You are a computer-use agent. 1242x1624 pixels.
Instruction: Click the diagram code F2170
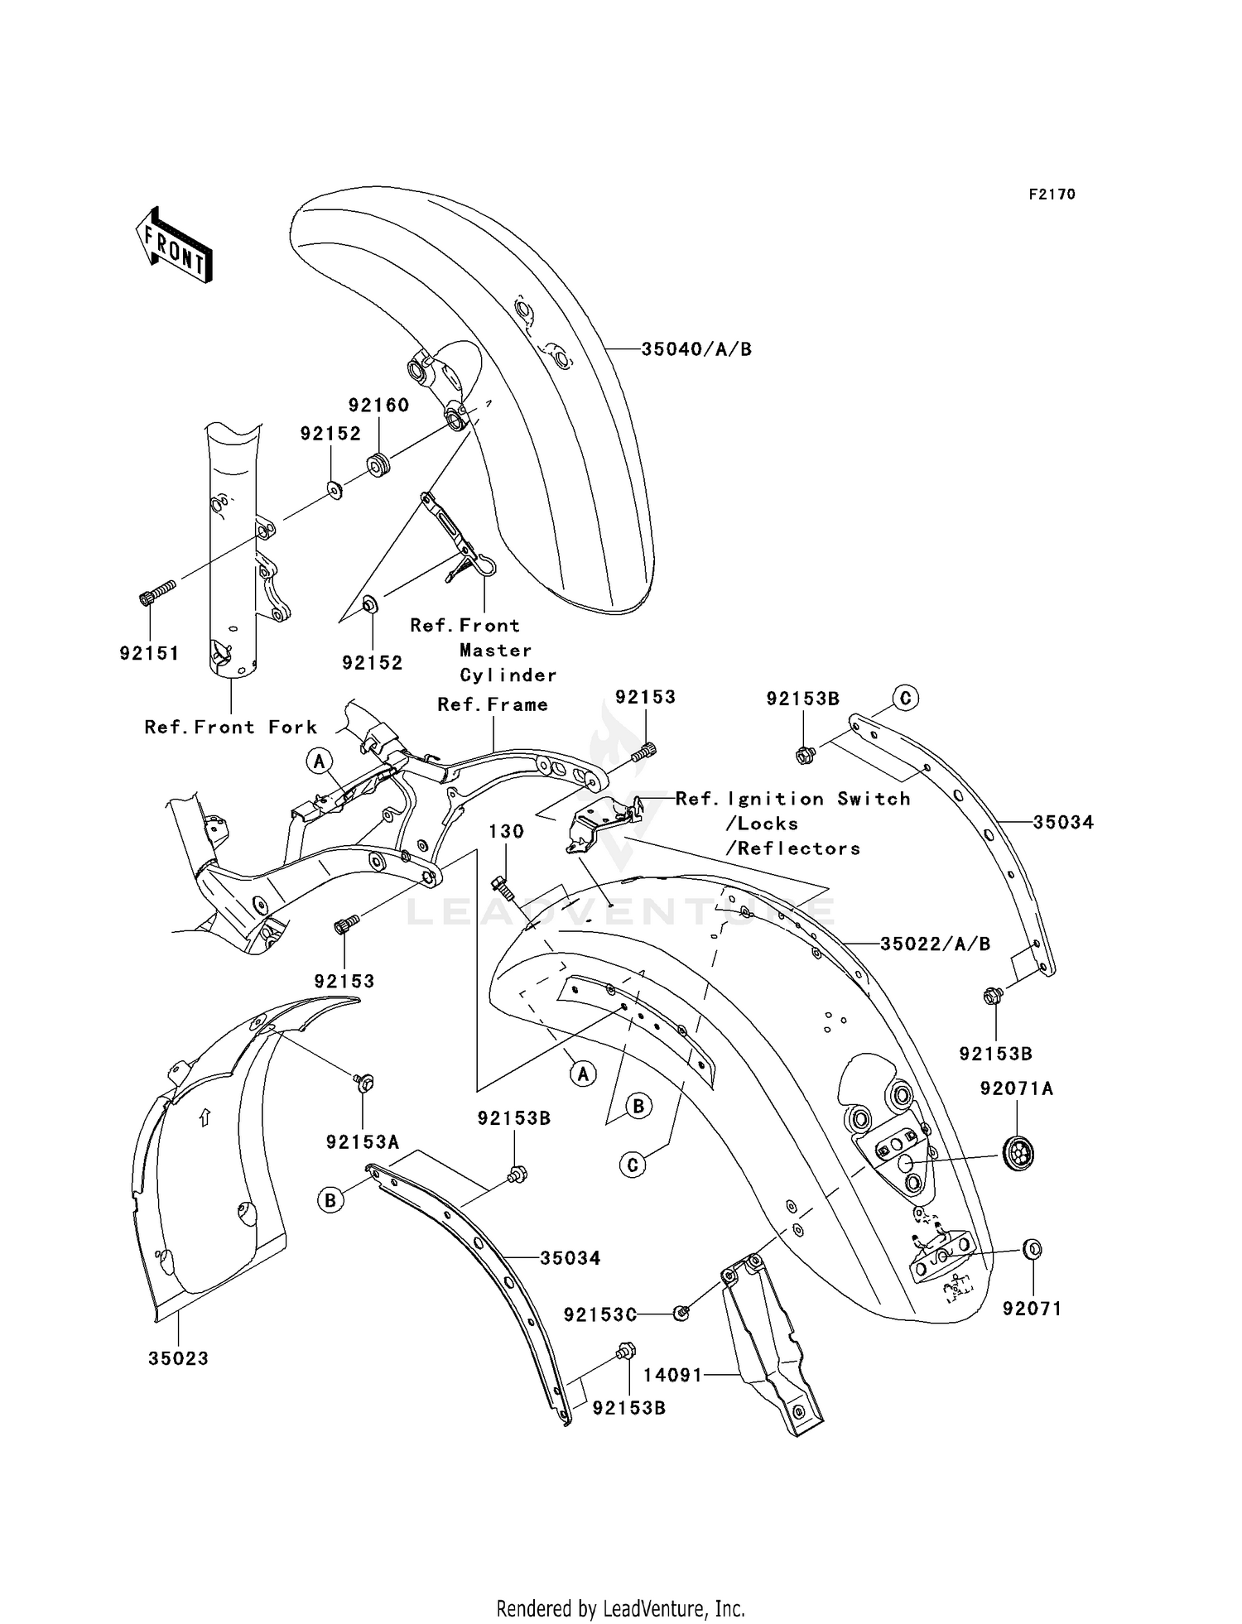point(1052,195)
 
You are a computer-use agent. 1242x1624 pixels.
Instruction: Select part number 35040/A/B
point(696,349)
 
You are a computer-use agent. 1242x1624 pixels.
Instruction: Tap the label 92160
point(378,405)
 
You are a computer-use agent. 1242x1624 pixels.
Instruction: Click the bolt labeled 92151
point(157,592)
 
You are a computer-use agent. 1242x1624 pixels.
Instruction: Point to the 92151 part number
point(149,653)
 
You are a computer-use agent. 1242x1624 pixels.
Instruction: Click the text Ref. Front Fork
point(230,727)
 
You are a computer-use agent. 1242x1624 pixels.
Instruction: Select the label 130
point(506,831)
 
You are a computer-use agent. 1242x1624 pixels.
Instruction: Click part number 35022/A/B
point(935,944)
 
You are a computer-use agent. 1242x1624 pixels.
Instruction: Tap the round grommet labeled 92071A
point(1018,1153)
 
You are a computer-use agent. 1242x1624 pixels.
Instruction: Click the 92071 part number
point(1032,1309)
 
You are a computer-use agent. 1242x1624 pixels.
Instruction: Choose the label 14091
point(672,1375)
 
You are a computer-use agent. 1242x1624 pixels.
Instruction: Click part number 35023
point(178,1358)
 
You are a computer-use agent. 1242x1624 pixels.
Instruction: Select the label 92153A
point(363,1142)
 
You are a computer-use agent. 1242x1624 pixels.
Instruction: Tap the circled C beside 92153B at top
point(905,698)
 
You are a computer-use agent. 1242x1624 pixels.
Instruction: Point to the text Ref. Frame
point(493,704)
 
